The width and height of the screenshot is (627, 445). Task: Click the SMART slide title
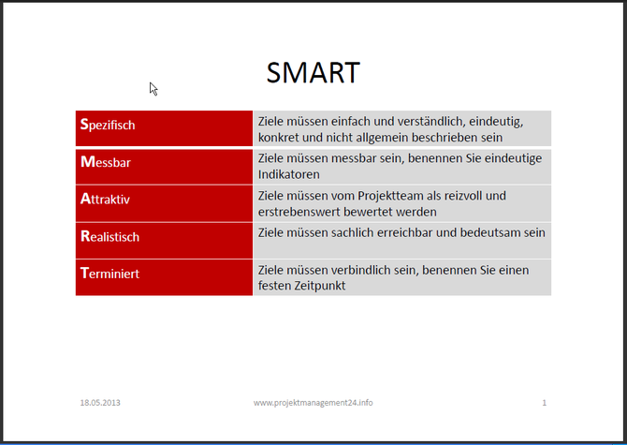point(313,72)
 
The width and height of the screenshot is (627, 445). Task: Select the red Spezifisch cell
point(164,127)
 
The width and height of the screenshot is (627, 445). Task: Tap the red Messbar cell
point(164,165)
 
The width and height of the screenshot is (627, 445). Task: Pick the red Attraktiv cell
point(164,201)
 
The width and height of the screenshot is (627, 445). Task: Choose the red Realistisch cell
point(164,238)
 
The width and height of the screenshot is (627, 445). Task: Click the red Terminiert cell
point(164,275)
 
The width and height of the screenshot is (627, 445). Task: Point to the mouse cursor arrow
point(153,88)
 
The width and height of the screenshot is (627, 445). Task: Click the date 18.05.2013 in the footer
point(100,403)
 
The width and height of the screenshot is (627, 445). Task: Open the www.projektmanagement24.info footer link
point(313,403)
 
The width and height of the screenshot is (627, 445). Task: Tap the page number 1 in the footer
point(544,403)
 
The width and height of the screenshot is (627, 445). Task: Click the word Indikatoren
point(289,174)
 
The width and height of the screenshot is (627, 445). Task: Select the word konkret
point(280,138)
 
